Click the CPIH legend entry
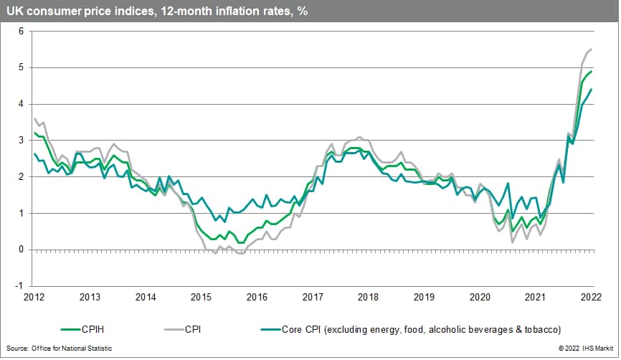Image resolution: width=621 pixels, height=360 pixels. click(x=87, y=329)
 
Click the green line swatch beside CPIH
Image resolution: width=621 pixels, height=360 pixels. click(x=52, y=329)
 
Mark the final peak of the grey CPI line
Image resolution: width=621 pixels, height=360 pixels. click(x=591, y=49)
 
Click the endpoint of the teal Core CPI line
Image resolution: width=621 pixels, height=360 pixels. click(x=591, y=90)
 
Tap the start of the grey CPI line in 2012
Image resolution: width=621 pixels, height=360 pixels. click(x=34, y=119)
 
